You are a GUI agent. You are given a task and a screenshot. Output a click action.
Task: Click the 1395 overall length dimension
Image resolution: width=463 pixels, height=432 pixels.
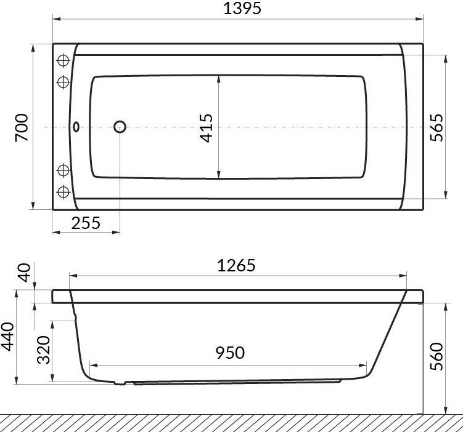click(x=237, y=8)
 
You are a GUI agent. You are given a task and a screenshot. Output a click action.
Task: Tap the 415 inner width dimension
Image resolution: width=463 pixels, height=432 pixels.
click(x=207, y=127)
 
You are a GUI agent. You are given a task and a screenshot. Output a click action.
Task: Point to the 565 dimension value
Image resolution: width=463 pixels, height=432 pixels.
click(x=436, y=127)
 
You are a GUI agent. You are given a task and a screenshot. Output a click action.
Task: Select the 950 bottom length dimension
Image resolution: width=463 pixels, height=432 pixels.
click(x=230, y=353)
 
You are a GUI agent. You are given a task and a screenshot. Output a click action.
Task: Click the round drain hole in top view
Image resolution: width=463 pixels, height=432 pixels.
click(x=120, y=127)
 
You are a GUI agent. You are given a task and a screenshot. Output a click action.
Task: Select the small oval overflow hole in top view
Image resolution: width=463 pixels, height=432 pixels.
click(x=76, y=127)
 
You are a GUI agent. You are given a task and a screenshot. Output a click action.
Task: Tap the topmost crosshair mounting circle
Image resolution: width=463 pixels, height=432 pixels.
click(x=62, y=61)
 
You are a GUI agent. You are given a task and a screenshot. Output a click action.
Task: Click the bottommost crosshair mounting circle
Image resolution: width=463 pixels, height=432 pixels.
click(x=62, y=191)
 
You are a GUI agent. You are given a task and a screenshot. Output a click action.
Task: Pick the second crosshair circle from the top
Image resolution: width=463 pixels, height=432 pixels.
click(x=62, y=82)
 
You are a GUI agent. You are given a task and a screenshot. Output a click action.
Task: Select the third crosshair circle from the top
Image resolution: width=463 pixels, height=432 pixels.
click(x=62, y=170)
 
